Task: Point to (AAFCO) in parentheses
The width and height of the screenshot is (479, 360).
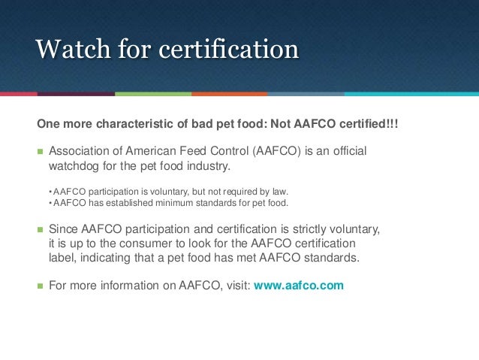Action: [279, 151]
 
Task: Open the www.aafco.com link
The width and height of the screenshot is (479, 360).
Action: [299, 286]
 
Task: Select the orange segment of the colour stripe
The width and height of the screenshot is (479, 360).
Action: [230, 94]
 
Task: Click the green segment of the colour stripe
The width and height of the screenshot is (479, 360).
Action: [153, 94]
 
